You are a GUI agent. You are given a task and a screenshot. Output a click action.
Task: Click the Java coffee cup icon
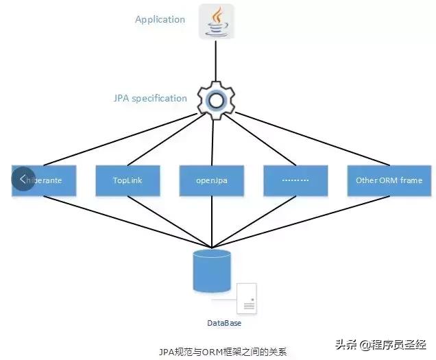point(216,21)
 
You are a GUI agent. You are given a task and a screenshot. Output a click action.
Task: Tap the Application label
point(160,20)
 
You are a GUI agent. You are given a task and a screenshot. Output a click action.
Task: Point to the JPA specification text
point(150,98)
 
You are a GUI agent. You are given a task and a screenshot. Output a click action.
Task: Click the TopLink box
point(128,180)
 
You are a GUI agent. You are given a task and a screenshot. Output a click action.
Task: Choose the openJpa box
point(212,180)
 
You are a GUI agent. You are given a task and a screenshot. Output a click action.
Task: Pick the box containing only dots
point(296,180)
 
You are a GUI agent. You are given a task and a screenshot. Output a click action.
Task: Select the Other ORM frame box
point(389,180)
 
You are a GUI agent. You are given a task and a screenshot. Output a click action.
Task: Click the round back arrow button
point(23,179)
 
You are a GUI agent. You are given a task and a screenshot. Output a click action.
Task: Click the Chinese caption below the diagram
point(219,352)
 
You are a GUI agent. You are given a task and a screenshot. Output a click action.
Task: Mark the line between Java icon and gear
point(217,62)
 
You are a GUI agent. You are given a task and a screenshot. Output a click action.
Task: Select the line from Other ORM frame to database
point(302,221)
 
